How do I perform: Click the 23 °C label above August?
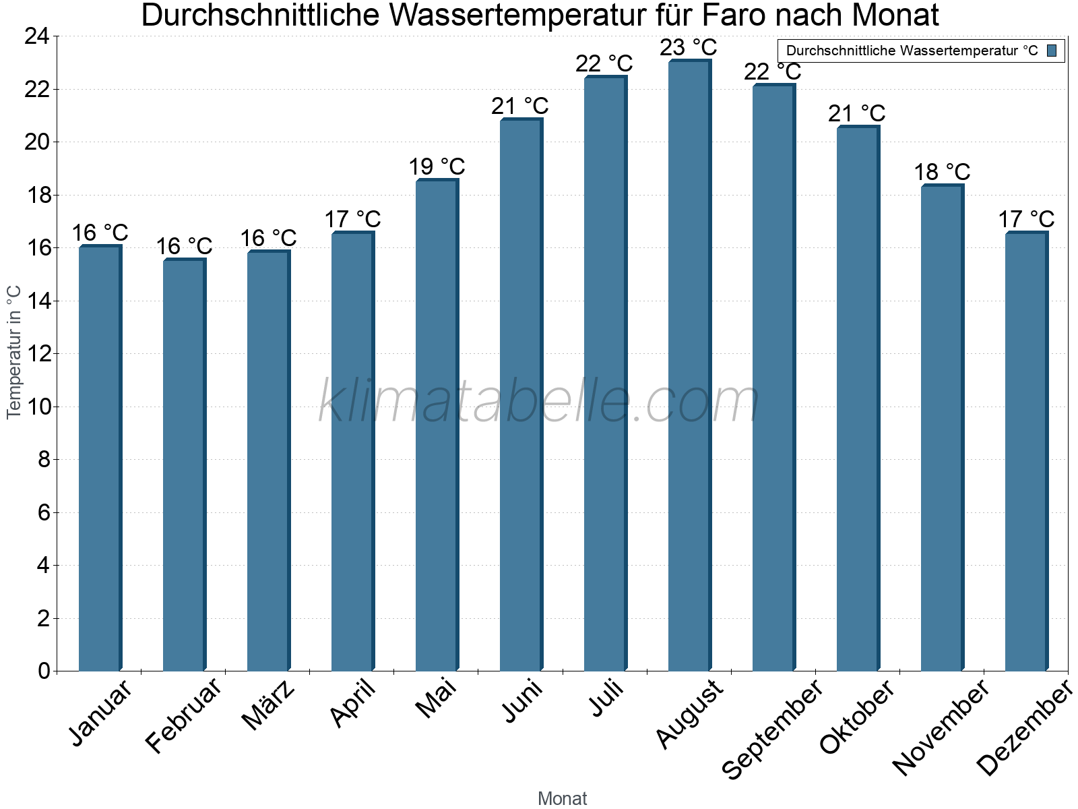[x=688, y=48]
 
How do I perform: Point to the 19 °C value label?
[x=437, y=167]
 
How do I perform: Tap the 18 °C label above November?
[x=941, y=172]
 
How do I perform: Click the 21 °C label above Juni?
[x=519, y=106]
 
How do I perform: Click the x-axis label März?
[x=268, y=705]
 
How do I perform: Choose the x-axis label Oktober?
[x=857, y=717]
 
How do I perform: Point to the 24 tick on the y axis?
[x=37, y=36]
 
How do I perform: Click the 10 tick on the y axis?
[x=37, y=407]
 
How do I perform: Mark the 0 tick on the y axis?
[x=44, y=671]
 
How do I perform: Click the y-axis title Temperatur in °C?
[x=14, y=352]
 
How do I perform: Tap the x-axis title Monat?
[x=562, y=798]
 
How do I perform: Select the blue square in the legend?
[x=1052, y=51]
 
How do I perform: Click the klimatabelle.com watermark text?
[x=539, y=401]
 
